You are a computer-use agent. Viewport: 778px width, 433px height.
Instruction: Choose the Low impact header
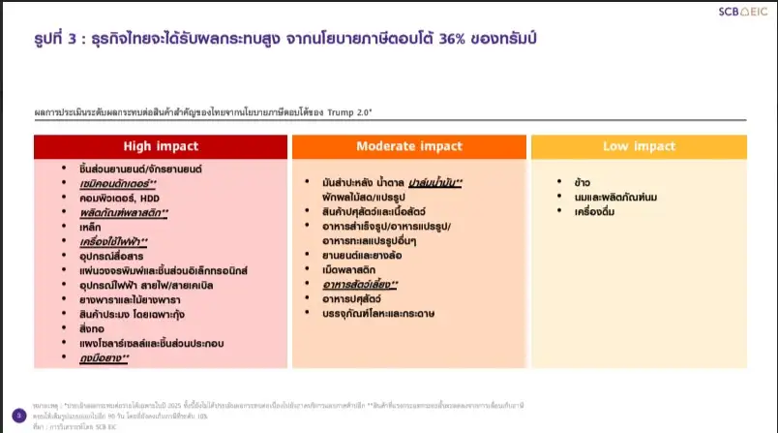pyautogui.click(x=639, y=146)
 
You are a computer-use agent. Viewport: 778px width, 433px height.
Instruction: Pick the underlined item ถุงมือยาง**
pyautogui.click(x=105, y=358)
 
